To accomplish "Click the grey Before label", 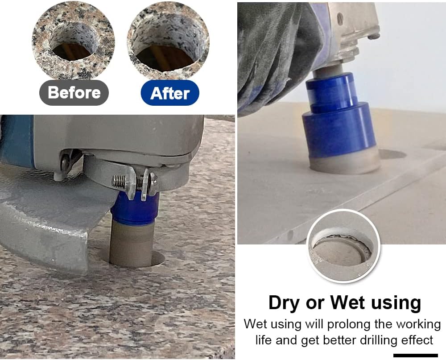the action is point(74,93).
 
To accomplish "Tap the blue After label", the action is point(170,93).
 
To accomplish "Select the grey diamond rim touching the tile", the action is point(345,163).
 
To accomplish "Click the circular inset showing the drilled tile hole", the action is point(343,246).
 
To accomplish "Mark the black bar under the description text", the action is point(416,356).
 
